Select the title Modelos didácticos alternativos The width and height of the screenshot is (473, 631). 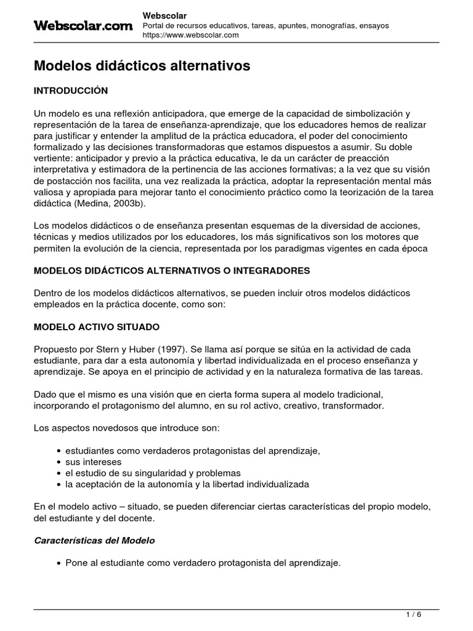point(142,65)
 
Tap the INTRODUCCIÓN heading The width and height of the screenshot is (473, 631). point(70,91)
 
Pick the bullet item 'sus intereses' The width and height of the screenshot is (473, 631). point(93,462)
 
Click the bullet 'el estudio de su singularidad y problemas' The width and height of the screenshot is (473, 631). point(152,473)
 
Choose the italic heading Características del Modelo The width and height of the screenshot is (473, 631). point(94,540)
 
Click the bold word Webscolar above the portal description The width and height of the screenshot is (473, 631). point(164,14)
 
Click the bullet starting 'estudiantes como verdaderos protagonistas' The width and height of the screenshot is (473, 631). point(192,450)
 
